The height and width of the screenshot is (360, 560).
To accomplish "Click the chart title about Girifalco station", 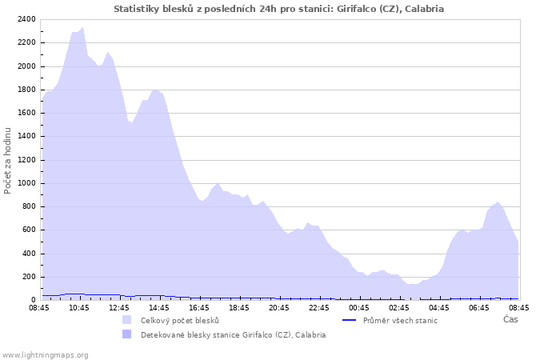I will [278, 9].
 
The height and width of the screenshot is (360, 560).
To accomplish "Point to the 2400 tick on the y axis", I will [26, 19].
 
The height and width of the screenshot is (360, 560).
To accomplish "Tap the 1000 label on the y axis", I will [26, 183].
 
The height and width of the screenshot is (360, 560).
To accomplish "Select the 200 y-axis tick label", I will [28, 277].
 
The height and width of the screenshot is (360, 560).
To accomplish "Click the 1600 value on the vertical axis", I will [26, 113].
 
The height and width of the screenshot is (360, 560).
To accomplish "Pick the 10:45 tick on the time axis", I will [79, 307].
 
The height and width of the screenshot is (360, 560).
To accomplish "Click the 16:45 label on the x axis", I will [199, 307].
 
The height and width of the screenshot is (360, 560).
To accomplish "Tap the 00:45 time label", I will [359, 307].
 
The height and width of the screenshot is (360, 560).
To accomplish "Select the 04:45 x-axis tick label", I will [439, 307].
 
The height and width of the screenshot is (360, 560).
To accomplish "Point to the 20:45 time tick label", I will [279, 307].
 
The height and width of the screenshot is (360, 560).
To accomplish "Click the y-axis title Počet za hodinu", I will [8, 160].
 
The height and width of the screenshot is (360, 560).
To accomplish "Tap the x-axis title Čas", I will [510, 320].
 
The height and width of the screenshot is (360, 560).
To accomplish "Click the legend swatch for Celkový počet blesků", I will [126, 320].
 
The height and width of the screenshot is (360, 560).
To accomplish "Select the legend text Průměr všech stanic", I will [400, 320].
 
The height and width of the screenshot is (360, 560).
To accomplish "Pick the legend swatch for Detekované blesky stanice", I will [126, 334].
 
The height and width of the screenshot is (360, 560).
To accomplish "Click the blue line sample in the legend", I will [348, 320].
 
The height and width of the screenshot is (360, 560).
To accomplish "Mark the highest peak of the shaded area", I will [82, 28].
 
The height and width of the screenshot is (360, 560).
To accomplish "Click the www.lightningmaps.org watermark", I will [45, 354].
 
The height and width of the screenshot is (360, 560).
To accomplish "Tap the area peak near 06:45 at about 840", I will [498, 202].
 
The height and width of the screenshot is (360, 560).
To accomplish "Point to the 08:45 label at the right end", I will [518, 307].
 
